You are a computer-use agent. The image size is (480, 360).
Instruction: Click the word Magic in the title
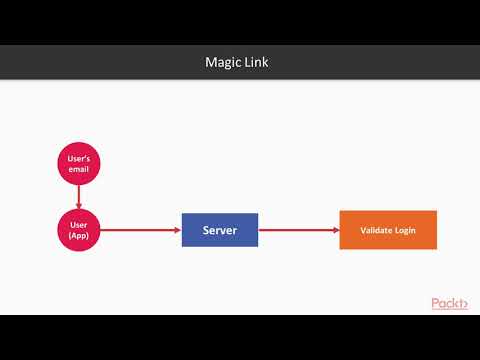(x=223, y=63)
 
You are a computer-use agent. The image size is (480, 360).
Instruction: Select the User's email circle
(x=79, y=165)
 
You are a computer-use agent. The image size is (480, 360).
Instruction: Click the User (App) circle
(x=79, y=230)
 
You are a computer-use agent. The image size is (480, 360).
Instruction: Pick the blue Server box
(x=219, y=230)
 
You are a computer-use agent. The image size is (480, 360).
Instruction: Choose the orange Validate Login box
(x=388, y=230)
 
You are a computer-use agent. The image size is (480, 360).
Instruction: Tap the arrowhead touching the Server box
(x=177, y=230)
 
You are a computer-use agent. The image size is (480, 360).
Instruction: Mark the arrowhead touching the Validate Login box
(x=335, y=230)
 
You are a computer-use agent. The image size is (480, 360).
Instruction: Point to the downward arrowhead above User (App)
(x=79, y=205)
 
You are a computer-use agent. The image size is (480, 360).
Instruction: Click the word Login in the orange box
(x=403, y=230)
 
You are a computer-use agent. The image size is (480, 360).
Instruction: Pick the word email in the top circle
(x=79, y=170)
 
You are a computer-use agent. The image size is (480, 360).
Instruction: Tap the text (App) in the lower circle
(x=79, y=236)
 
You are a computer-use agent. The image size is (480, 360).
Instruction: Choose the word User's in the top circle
(x=79, y=159)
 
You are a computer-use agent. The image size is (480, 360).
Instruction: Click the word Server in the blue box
(x=219, y=230)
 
